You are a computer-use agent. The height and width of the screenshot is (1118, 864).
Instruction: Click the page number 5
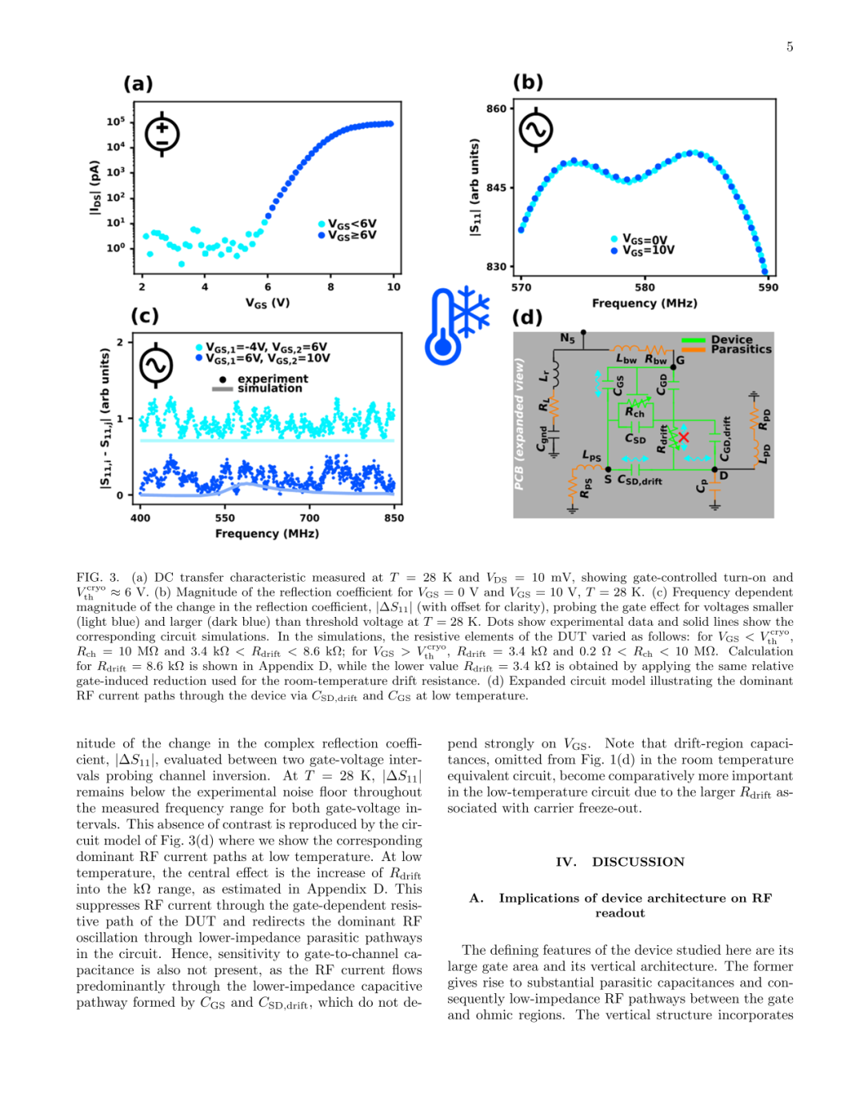click(x=790, y=47)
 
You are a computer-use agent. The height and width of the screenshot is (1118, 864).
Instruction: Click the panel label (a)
click(x=138, y=83)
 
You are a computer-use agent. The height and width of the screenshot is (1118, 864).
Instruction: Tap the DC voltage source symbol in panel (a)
click(x=162, y=134)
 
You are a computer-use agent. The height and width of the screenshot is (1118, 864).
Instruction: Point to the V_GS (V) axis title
click(x=267, y=303)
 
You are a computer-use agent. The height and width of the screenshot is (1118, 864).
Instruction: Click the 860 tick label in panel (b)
click(x=496, y=109)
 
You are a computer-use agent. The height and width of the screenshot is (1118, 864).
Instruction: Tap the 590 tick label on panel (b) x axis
click(x=768, y=287)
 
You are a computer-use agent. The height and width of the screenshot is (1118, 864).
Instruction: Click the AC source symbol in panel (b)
click(x=536, y=130)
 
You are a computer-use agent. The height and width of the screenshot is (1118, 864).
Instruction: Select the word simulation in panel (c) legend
click(x=270, y=388)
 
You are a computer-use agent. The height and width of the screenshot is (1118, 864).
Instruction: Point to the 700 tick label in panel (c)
click(x=310, y=518)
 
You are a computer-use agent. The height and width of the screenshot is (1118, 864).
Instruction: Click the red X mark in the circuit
click(x=683, y=437)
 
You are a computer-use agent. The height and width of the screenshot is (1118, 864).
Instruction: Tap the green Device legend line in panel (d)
click(x=693, y=340)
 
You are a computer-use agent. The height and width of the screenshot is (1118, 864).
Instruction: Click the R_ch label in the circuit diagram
click(x=634, y=412)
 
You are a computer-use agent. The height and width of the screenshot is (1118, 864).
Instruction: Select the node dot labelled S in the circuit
click(x=608, y=469)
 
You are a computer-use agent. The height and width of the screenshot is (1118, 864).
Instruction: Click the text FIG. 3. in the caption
click(x=98, y=577)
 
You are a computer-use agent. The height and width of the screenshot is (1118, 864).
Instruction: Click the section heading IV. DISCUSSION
click(x=620, y=862)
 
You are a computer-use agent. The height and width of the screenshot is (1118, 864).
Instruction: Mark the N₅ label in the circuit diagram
click(x=567, y=338)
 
